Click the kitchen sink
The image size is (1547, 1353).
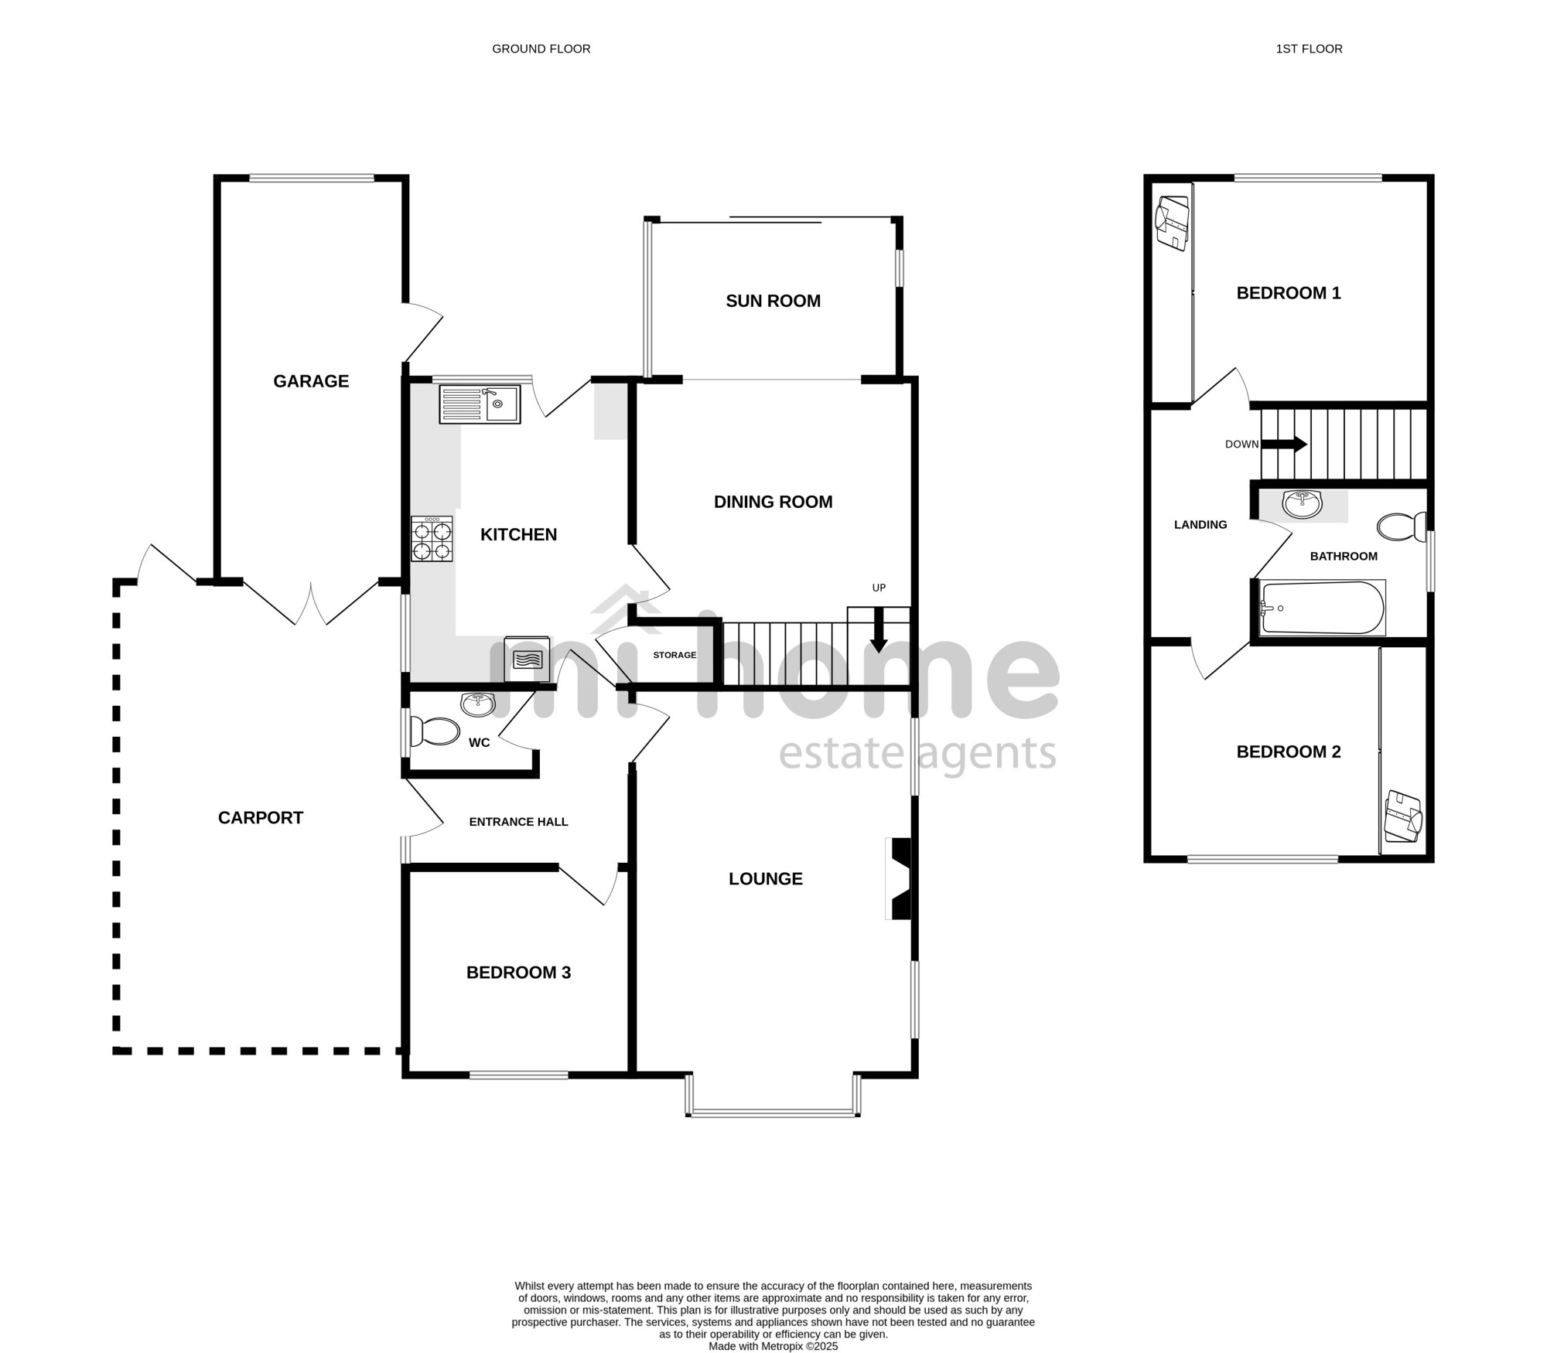pos(480,404)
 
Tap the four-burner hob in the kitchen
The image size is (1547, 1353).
pos(432,539)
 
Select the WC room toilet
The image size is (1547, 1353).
pos(433,731)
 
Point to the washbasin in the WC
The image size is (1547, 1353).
pos(478,704)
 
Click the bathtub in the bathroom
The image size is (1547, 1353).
pos(1322,608)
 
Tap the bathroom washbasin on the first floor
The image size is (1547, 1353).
pos(1303,504)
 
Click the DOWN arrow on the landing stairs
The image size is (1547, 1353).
pos(1284,445)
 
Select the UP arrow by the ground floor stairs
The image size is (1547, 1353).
pos(879,630)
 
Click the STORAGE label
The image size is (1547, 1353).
pos(674,655)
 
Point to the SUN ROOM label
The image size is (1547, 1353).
pos(773,301)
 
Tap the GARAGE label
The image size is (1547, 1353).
pos(311,381)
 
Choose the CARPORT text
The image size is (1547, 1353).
pos(261,818)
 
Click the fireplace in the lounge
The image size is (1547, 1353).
pos(899,879)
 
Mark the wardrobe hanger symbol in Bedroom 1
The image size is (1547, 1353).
pos(1172,223)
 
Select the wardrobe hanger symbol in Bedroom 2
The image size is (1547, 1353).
pos(1403,816)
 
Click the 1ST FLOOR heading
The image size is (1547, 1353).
pos(1309,49)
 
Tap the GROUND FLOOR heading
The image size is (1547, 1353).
pos(541,49)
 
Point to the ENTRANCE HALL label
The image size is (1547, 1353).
pos(519,822)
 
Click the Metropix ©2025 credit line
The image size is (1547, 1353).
pos(773,1346)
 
